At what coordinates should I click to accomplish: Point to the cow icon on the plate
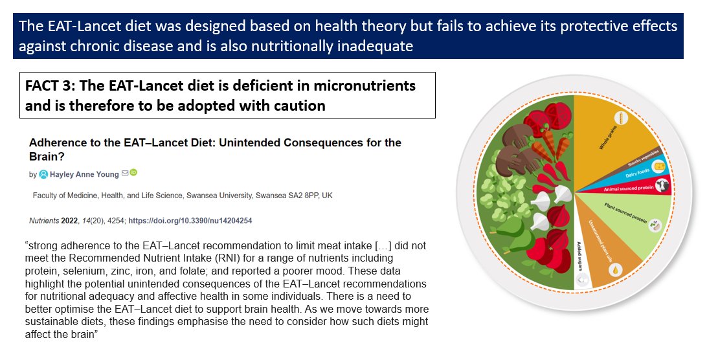pos(662,186)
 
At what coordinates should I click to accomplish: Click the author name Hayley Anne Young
pos(83,174)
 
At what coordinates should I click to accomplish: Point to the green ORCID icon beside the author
pos(133,172)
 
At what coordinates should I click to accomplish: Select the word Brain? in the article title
pos(48,156)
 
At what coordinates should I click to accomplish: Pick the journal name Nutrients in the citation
pos(45,221)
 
